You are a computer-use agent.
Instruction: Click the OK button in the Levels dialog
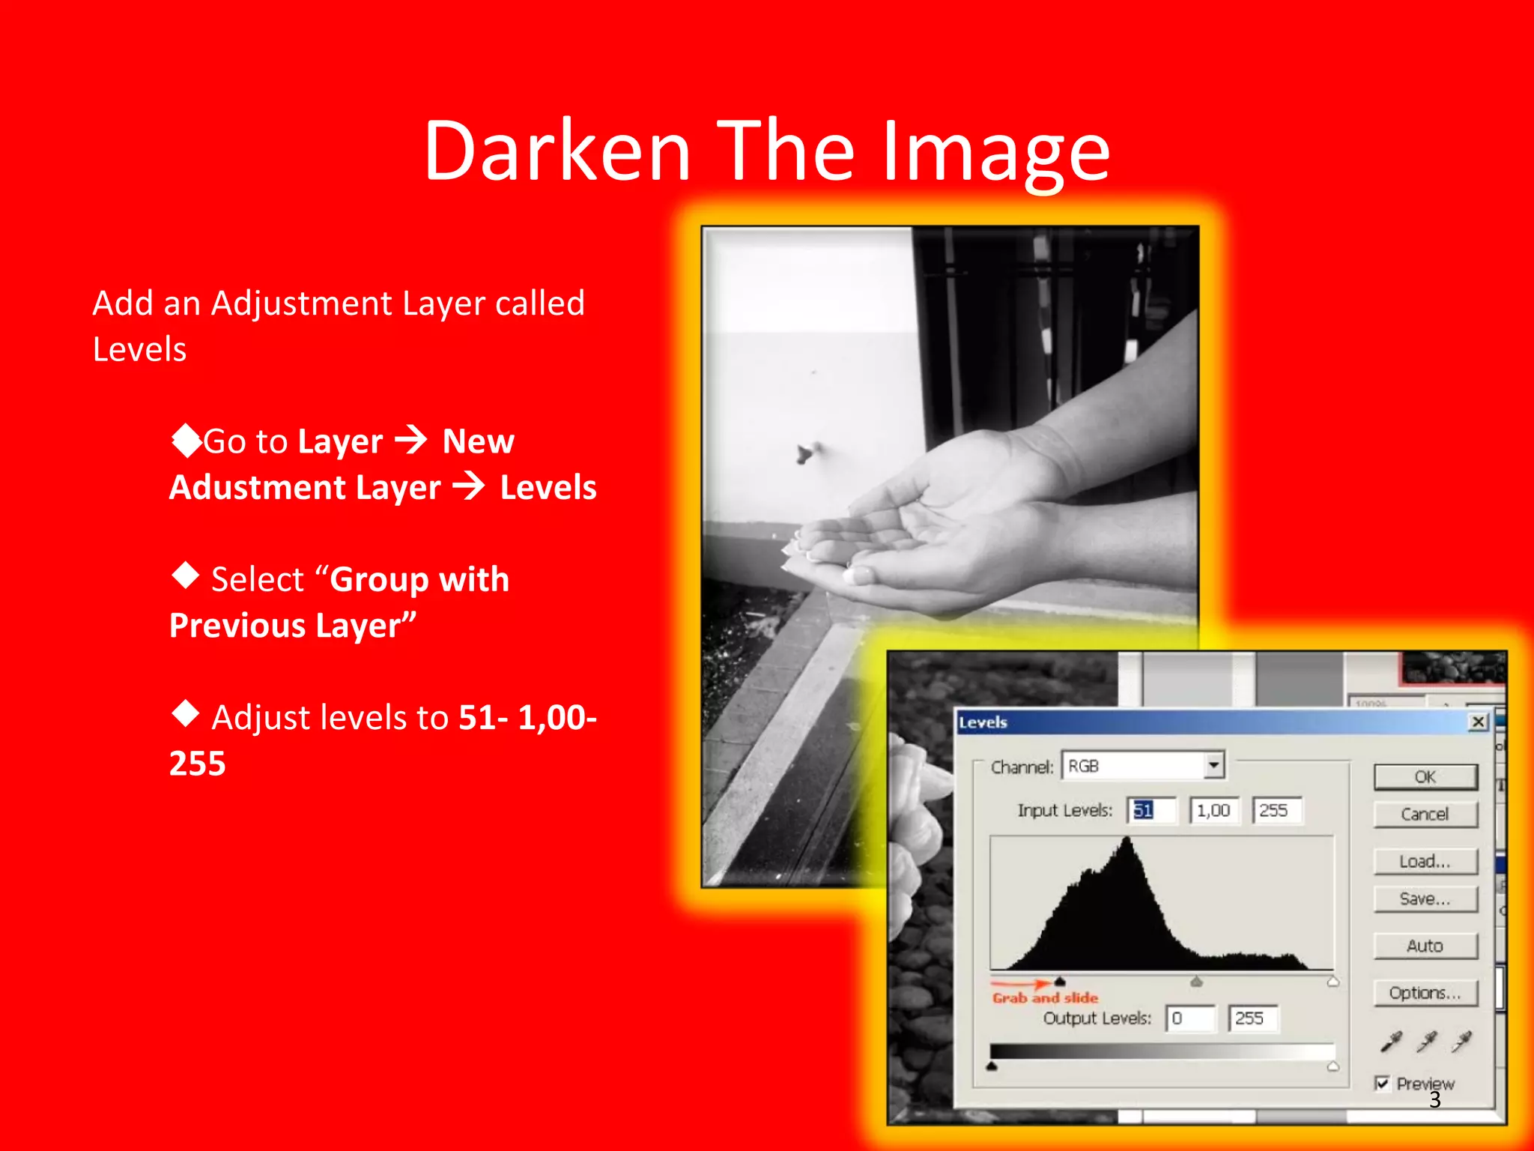[x=1425, y=777]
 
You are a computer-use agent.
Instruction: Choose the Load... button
[x=1425, y=862]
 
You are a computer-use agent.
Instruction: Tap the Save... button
[x=1425, y=899]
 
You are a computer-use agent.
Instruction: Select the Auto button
[x=1425, y=946]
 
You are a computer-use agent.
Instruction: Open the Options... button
[x=1425, y=994]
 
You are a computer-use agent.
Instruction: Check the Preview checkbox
[x=1383, y=1084]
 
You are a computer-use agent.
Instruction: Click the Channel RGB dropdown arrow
[x=1213, y=766]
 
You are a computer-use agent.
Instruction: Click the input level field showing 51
[x=1151, y=811]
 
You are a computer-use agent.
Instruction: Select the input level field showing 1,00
[x=1213, y=811]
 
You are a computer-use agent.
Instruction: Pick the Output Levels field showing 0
[x=1189, y=1018]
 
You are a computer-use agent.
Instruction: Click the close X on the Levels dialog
[x=1478, y=722]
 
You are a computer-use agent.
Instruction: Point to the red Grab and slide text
[x=1045, y=998]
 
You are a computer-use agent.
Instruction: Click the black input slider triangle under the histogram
[x=1060, y=982]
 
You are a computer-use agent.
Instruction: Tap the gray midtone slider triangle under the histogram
[x=1196, y=982]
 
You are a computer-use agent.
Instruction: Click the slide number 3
[x=1435, y=1100]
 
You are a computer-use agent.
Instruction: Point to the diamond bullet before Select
[x=185, y=576]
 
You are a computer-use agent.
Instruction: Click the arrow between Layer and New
[x=411, y=440]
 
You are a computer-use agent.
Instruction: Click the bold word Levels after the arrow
[x=548, y=488]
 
